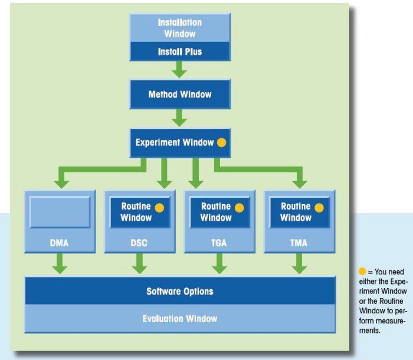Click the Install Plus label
[179, 51]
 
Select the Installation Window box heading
[179, 28]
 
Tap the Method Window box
[179, 94]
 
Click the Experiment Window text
[174, 142]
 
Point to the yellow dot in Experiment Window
[221, 142]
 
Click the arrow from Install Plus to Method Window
[179, 70]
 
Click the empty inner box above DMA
[60, 212]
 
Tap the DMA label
[60, 242]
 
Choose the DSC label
[139, 242]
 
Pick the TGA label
[219, 242]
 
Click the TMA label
[299, 242]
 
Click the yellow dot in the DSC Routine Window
[159, 207]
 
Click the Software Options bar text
[179, 292]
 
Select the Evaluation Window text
[179, 319]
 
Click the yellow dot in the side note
[362, 271]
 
